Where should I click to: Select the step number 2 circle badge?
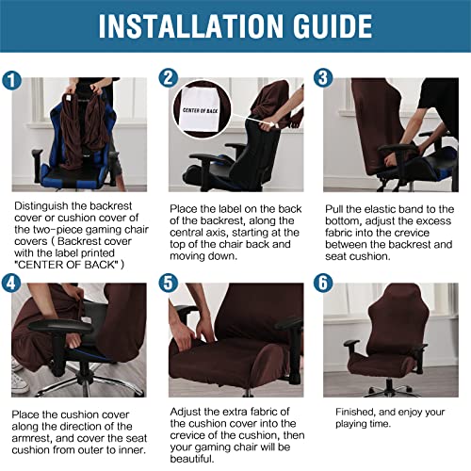170,78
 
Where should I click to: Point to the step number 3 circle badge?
323,78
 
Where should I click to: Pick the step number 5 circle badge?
170,282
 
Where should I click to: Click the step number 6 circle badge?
323,282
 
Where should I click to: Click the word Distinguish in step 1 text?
45,203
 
